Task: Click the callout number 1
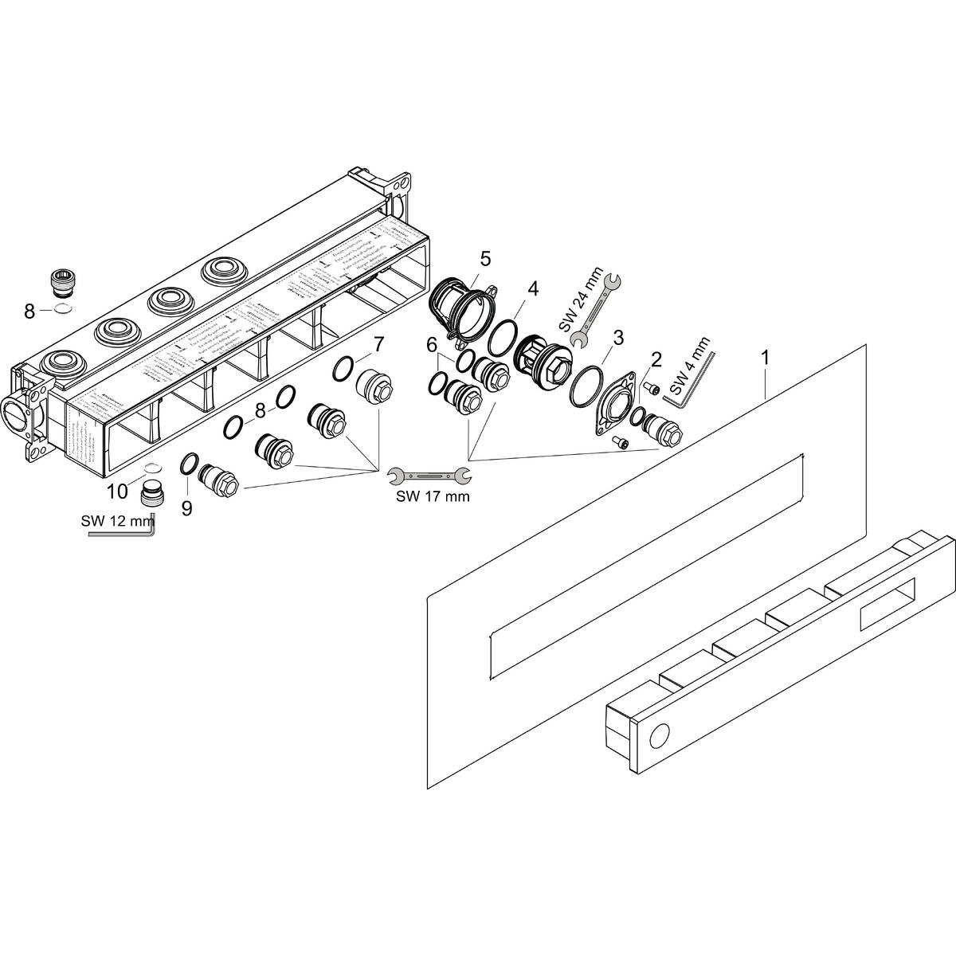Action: click(x=765, y=358)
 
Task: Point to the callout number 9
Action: click(x=186, y=508)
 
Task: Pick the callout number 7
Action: click(x=378, y=344)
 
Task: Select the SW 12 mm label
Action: click(x=116, y=523)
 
